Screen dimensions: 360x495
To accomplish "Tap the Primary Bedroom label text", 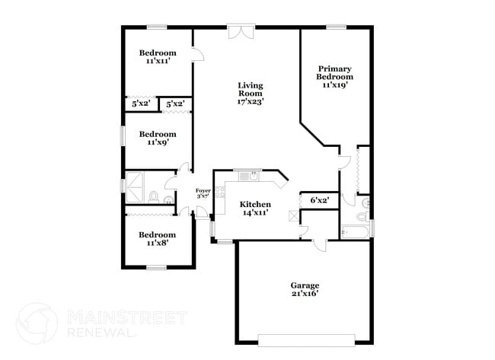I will pos(335,72).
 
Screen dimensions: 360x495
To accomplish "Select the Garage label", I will pos(304,285).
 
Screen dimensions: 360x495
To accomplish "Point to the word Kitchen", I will pos(255,205).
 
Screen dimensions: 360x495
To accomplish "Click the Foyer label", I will pos(203,190).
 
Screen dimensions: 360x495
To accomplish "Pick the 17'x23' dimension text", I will pos(251,100).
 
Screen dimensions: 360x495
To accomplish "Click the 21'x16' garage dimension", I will pos(304,293).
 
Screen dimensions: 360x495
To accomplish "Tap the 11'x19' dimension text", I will pos(335,85).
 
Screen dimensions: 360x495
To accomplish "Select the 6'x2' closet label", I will pos(319,200).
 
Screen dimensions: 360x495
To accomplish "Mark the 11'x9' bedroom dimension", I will pos(157,142).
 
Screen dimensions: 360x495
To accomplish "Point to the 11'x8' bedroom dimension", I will pos(157,243).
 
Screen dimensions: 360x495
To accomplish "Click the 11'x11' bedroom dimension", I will pos(157,61).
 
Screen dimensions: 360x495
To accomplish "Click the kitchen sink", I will pos(249,177).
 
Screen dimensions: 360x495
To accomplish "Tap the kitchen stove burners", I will pos(220,192).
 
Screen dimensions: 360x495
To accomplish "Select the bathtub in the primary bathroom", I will pos(355,231).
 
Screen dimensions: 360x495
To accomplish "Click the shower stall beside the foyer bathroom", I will pos(139,183).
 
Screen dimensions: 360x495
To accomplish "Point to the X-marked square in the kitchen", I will pos(294,215).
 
